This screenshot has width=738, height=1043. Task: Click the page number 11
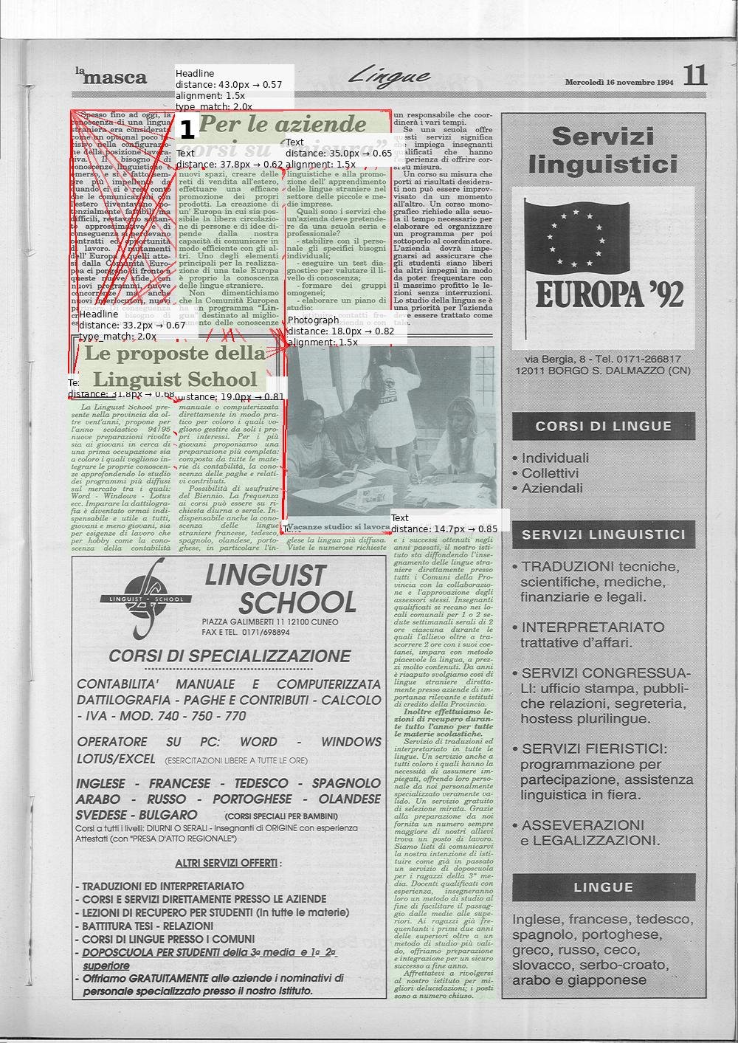[x=694, y=75]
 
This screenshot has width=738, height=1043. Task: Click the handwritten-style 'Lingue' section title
[x=389, y=75]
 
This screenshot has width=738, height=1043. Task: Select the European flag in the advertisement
[x=576, y=235]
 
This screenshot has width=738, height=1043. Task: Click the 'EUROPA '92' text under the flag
[x=609, y=295]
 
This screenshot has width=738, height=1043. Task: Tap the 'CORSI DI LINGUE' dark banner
[x=604, y=426]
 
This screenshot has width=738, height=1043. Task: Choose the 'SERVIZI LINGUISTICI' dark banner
[x=604, y=534]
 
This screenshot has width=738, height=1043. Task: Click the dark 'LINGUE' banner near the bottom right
[x=604, y=887]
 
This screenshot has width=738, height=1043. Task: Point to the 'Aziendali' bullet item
[x=552, y=488]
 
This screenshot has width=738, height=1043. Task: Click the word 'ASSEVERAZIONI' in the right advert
[x=573, y=825]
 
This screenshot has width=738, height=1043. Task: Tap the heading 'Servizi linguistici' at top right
[x=603, y=150]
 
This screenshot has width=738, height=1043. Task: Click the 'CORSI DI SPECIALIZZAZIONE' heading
[x=230, y=656]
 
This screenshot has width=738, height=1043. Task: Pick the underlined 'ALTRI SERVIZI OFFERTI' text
[x=227, y=863]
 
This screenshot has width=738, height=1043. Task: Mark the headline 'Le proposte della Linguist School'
[x=175, y=366]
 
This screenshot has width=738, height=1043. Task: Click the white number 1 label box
[x=187, y=131]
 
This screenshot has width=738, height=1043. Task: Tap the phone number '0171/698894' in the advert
[x=265, y=633]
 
